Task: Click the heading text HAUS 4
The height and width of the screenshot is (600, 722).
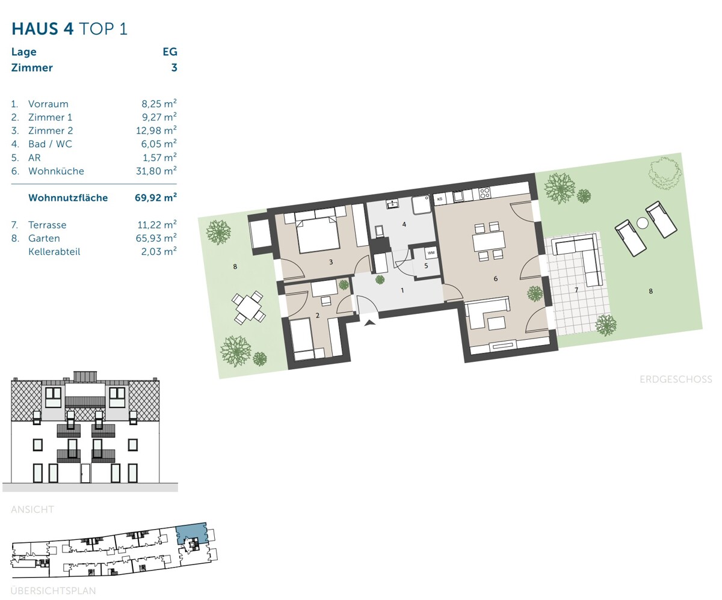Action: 43,29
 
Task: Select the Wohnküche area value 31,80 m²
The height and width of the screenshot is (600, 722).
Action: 156,171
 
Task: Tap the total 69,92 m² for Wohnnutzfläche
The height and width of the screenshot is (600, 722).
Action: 156,197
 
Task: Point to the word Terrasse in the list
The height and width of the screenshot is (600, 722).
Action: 48,225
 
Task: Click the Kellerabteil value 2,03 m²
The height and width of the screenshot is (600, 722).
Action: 159,251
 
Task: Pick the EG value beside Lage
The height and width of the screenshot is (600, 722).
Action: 170,52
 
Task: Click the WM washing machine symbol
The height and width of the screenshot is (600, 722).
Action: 431,253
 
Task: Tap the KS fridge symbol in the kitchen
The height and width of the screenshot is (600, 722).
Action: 440,199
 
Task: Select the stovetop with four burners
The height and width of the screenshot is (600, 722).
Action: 484,192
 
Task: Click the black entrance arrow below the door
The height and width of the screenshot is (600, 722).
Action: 370,323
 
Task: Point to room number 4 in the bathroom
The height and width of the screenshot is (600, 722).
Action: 404,225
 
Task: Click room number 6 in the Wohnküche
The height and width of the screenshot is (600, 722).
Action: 496,278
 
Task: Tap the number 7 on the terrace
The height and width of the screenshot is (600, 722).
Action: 576,290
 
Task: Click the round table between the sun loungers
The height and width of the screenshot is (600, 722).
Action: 643,223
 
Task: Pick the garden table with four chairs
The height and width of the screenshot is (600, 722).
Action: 248,307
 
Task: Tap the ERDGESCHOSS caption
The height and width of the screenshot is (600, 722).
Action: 676,379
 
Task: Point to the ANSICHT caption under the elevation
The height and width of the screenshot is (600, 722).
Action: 32,509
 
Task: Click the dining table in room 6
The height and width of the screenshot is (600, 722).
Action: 488,241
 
